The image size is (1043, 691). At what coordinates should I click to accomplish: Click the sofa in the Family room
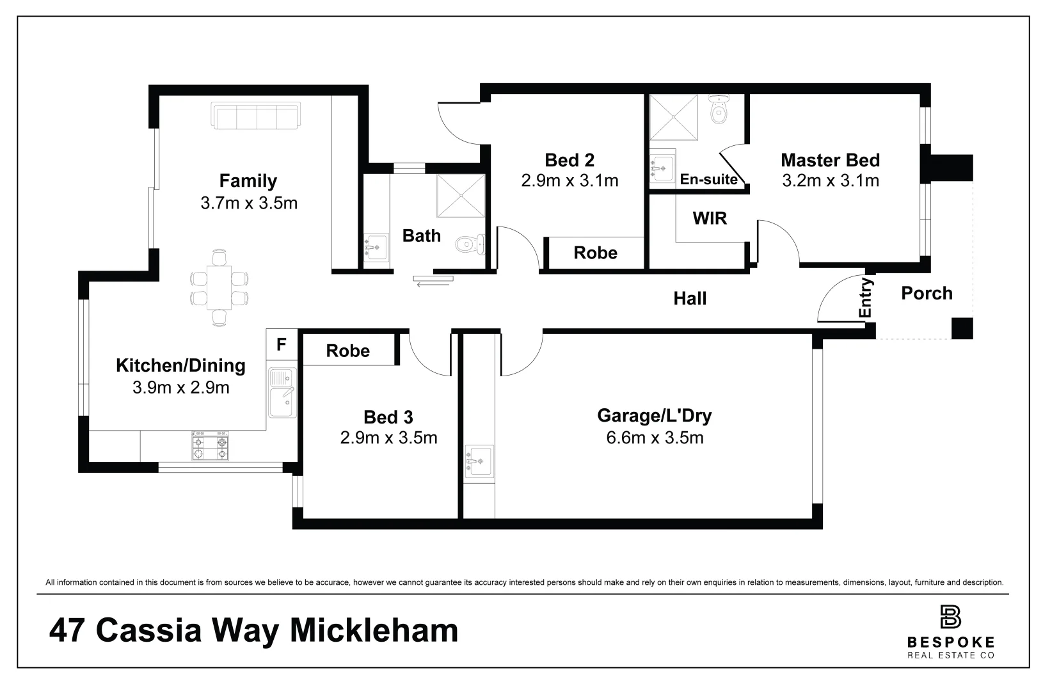tap(255, 116)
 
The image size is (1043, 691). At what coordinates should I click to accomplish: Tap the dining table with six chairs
tap(219, 287)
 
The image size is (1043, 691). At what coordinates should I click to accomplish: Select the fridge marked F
tap(281, 345)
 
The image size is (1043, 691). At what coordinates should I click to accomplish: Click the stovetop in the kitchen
tap(210, 446)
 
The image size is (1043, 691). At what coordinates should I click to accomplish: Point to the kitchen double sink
tap(282, 393)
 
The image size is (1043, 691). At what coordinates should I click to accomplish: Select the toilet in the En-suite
tap(719, 109)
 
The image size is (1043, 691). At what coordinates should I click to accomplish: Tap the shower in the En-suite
tap(673, 117)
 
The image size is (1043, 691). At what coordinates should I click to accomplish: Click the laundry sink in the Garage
tap(479, 461)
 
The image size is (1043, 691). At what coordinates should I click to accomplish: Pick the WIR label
tap(710, 218)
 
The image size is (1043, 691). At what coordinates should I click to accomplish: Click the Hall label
tap(690, 298)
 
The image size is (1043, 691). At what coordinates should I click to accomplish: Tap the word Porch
tap(927, 293)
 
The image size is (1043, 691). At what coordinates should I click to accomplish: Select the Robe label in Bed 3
tap(347, 351)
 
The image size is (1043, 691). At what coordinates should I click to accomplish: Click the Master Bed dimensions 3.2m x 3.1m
tap(831, 180)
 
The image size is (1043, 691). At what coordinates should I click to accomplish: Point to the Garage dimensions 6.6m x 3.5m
tap(655, 438)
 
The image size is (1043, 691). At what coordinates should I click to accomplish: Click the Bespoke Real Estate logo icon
tap(950, 617)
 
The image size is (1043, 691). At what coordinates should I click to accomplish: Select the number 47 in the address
tap(67, 631)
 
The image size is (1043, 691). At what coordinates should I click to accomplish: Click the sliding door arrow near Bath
tap(433, 281)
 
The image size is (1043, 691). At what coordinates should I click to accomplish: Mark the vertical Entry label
tap(865, 298)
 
